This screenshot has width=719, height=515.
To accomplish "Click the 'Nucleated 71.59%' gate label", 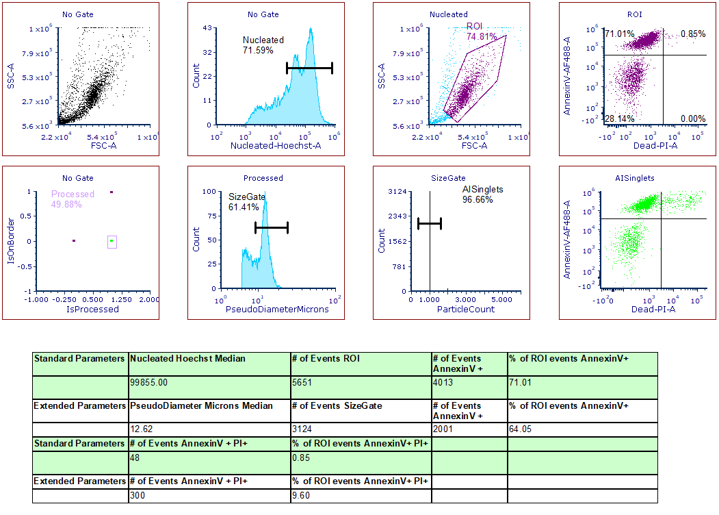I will (x=263, y=45).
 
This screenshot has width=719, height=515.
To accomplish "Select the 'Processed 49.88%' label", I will (x=73, y=199).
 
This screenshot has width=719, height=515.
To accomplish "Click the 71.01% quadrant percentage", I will (x=619, y=34).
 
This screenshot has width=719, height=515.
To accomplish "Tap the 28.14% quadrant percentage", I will (x=619, y=118).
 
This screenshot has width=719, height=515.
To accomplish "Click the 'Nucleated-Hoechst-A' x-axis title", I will (x=276, y=146).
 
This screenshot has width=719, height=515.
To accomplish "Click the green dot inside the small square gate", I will (x=112, y=241).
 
